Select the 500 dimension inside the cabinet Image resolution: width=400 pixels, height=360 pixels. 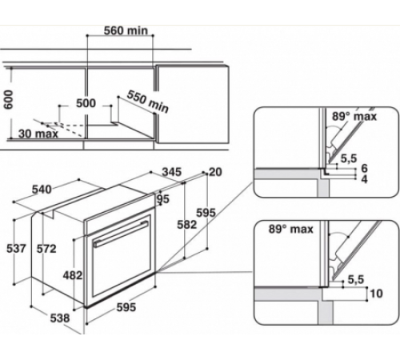point(86,103)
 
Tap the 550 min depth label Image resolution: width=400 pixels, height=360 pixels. point(147,101)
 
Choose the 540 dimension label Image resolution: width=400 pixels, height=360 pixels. point(41,190)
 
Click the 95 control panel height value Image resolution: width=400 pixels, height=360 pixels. point(164,200)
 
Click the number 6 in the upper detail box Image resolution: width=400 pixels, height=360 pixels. point(364,170)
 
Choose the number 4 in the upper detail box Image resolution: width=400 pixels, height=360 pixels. point(364,181)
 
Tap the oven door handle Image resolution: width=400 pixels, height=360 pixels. point(119,238)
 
